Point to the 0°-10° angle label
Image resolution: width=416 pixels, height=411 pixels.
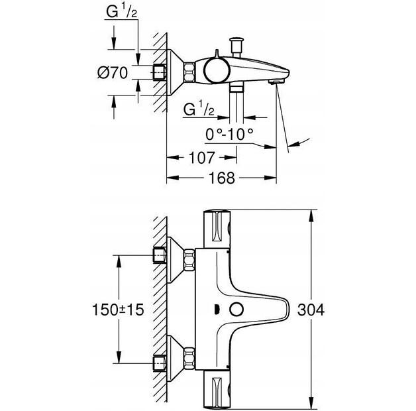[230, 133]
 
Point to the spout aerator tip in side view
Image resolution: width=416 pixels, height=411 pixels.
[273, 82]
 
